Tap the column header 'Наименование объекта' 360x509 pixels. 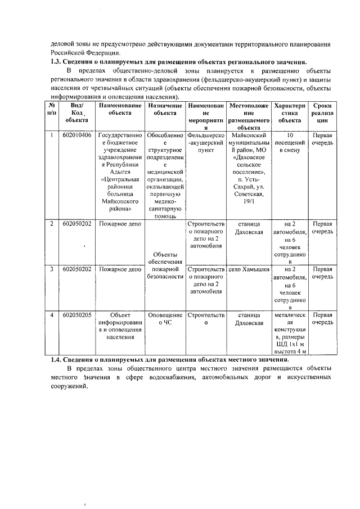pyautogui.click(x=120, y=109)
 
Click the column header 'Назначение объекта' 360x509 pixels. pyautogui.click(x=165, y=109)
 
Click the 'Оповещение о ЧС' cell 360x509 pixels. pyautogui.click(x=165, y=319)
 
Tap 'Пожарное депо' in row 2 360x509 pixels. pyautogui.click(x=120, y=224)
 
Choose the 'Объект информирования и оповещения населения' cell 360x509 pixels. pyautogui.click(x=120, y=326)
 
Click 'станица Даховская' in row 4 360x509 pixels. pyautogui.click(x=248, y=319)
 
